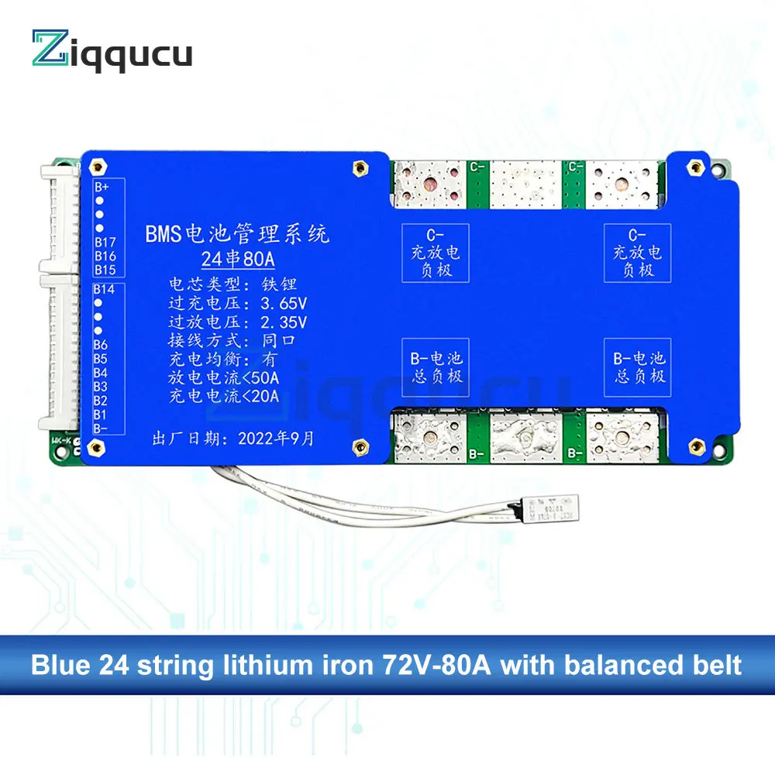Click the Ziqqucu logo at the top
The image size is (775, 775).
pyautogui.click(x=112, y=53)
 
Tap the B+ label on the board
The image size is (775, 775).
pyautogui.click(x=102, y=187)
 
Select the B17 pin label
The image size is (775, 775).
pyautogui.click(x=105, y=242)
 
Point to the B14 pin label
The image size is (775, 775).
pyautogui.click(x=104, y=289)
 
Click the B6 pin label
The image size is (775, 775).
pyautogui.click(x=101, y=345)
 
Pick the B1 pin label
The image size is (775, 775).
pyautogui.click(x=101, y=414)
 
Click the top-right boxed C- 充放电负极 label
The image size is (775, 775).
pyautogui.click(x=636, y=253)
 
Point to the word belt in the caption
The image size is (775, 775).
pyautogui.click(x=715, y=665)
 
